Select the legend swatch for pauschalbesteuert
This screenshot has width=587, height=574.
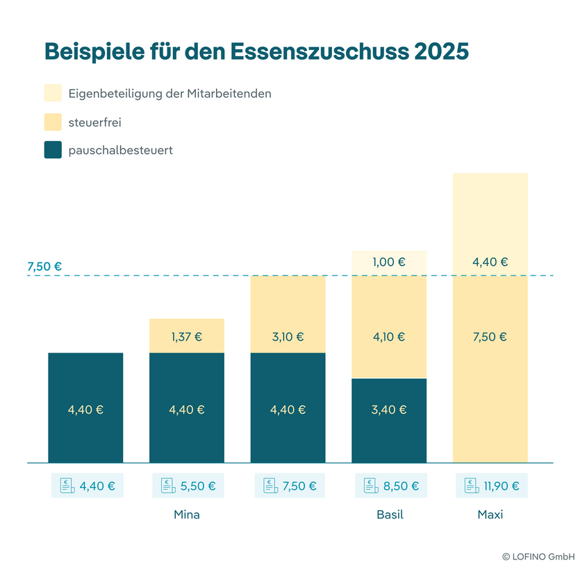pyautogui.click(x=53, y=149)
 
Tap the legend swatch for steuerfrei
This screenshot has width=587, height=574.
pyautogui.click(x=53, y=121)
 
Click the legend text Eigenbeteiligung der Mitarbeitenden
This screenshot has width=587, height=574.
pyautogui.click(x=170, y=93)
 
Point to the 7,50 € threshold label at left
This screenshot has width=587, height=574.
pyautogui.click(x=44, y=267)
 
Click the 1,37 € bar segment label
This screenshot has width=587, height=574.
pyautogui.click(x=186, y=337)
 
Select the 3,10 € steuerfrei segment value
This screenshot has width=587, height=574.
pyautogui.click(x=288, y=337)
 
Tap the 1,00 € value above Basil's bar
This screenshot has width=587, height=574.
pyautogui.click(x=389, y=262)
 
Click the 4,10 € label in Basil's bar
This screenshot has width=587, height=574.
pyautogui.click(x=389, y=337)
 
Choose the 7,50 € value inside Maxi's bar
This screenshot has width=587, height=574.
pyautogui.click(x=490, y=337)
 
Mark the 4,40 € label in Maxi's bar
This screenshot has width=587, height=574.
pyautogui.click(x=490, y=262)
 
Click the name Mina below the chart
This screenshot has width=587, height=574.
pyautogui.click(x=187, y=515)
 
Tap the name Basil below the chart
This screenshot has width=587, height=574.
pyautogui.click(x=390, y=515)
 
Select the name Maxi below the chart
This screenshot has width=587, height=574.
pyautogui.click(x=490, y=515)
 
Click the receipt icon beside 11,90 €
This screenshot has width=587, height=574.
pyautogui.click(x=471, y=486)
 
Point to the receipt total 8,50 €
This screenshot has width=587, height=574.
pyautogui.click(x=402, y=486)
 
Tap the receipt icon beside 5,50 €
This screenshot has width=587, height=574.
pyautogui.click(x=167, y=486)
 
